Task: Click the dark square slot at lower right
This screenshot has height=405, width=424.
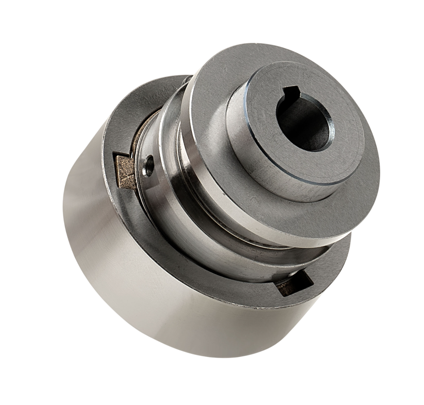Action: tap(295, 284)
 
